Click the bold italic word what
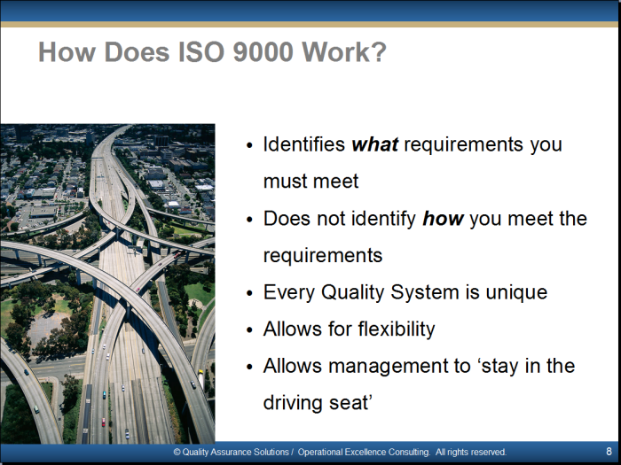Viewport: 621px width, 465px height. click(x=374, y=143)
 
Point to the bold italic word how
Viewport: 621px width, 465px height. click(x=443, y=218)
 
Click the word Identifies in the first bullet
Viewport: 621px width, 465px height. click(x=304, y=143)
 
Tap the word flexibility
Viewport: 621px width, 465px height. click(x=397, y=329)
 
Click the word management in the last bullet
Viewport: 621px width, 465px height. click(x=399, y=367)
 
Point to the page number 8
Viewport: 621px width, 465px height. click(x=609, y=452)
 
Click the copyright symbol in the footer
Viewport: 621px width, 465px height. click(x=177, y=452)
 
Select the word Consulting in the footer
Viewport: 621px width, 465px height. click(x=409, y=452)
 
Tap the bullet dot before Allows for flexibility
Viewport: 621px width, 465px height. click(x=249, y=329)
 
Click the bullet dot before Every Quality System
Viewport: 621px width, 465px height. click(x=249, y=293)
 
